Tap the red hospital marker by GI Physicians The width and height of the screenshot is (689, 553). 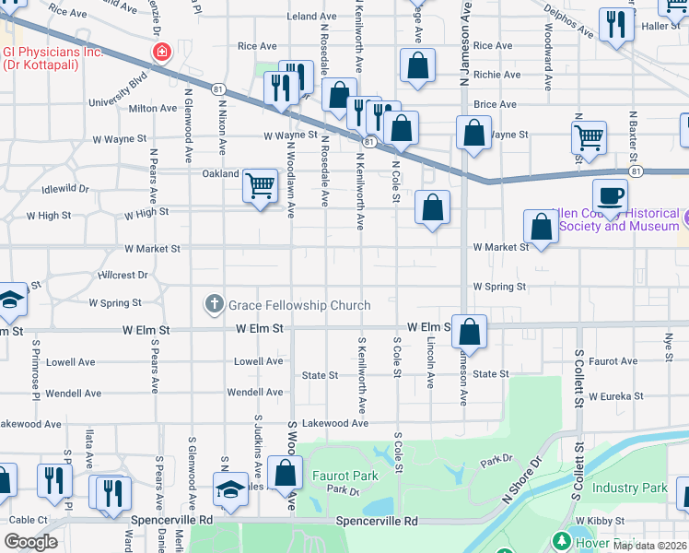coord(162,51)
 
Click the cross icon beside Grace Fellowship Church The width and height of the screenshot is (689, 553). coord(214,303)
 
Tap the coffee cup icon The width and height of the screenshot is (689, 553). coord(609,195)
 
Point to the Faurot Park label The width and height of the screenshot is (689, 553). coord(345,477)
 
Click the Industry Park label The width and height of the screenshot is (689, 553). coord(629,488)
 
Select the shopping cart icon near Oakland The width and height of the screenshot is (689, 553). coord(261,185)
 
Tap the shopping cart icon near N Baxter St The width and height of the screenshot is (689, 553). coord(590,137)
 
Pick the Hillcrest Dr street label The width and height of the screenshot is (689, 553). coord(123,276)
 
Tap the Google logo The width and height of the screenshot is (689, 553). coord(30,542)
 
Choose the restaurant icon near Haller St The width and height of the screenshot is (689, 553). coord(616,25)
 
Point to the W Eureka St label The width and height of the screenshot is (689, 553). coord(619,395)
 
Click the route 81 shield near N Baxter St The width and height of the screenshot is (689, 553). coord(636,171)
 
